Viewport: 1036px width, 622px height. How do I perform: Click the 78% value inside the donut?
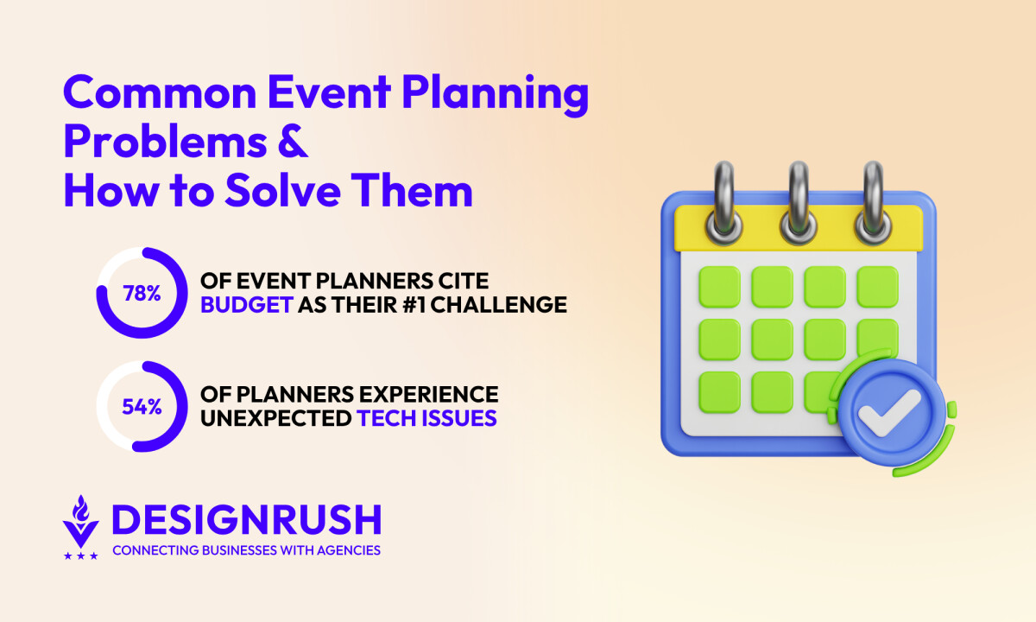tap(141, 294)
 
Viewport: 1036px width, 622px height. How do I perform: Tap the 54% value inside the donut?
tap(141, 407)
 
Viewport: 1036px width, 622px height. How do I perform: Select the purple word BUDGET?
tap(246, 305)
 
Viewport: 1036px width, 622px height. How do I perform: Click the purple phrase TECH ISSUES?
tap(427, 418)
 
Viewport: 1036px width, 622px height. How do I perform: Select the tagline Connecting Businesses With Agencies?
tap(246, 550)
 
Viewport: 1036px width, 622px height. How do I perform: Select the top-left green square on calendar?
tap(719, 287)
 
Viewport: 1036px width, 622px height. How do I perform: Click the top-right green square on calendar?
tap(878, 287)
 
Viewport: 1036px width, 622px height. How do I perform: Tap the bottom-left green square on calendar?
tap(719, 391)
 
